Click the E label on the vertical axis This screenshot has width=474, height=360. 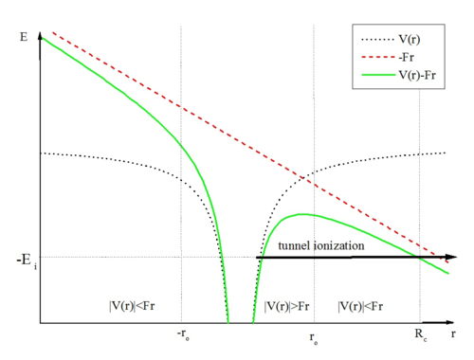(24, 37)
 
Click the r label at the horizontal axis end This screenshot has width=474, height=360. (453, 333)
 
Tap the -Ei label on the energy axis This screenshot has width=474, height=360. (27, 261)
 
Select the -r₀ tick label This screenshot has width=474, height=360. (183, 334)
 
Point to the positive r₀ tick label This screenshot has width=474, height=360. (314, 338)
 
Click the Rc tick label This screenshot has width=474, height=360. (421, 334)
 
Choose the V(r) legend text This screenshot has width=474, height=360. (410, 39)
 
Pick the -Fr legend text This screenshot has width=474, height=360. (407, 57)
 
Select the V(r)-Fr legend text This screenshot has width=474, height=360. (417, 75)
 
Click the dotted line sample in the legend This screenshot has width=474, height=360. (377, 40)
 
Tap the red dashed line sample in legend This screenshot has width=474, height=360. (378, 57)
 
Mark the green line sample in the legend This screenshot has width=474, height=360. (378, 75)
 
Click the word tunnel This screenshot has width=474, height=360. (294, 245)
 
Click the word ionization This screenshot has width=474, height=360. (338, 245)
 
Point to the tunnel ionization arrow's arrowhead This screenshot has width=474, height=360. (452, 257)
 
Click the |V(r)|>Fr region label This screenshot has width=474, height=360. (286, 306)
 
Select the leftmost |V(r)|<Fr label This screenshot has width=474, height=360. (132, 306)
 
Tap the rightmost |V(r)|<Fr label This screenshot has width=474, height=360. (360, 306)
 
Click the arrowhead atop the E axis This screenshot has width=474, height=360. (40, 36)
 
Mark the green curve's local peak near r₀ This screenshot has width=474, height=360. (302, 214)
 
